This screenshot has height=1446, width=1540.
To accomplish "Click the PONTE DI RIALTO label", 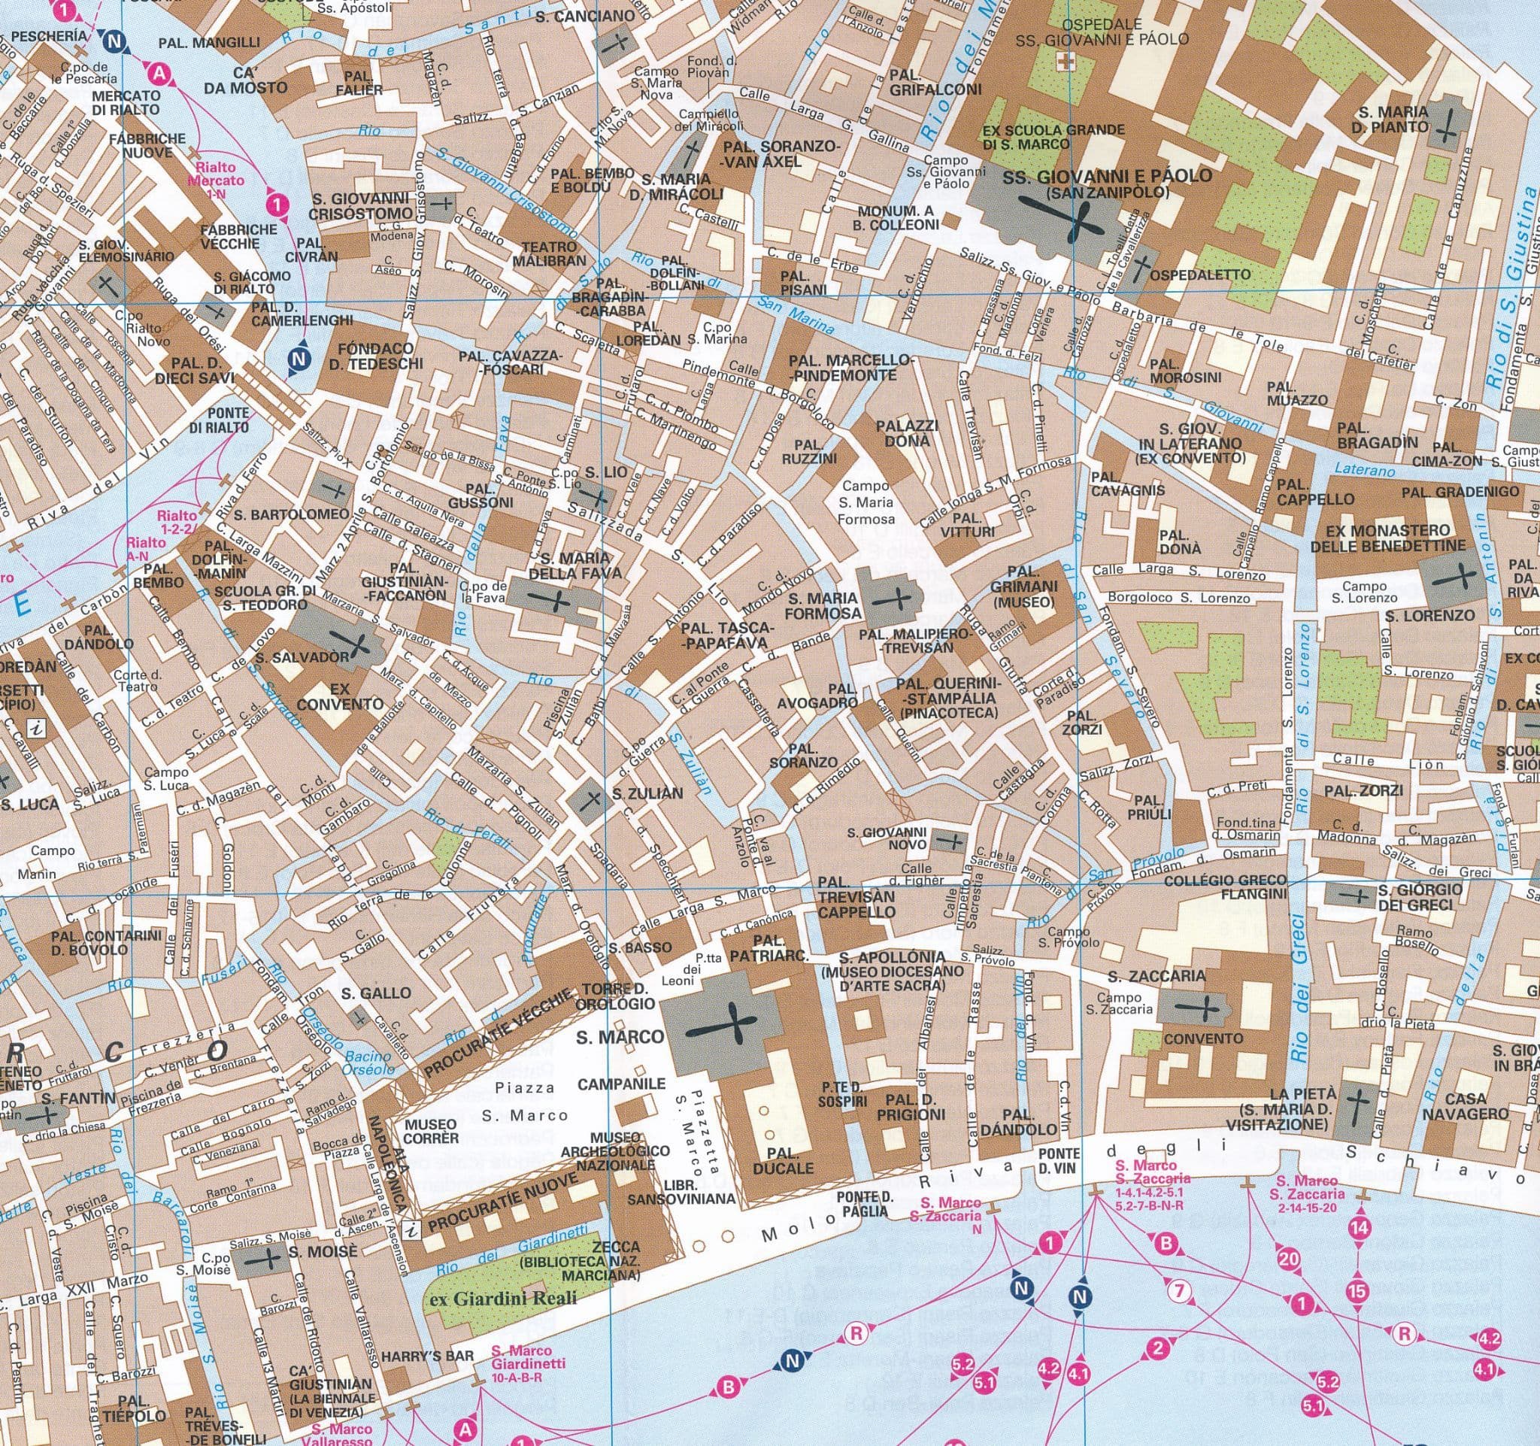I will tap(220, 420).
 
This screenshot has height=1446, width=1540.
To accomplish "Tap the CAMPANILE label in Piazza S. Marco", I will tap(621, 1084).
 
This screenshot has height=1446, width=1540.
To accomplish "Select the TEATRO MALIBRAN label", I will tap(549, 253).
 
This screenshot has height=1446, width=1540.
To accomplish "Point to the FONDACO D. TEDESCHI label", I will tap(376, 356).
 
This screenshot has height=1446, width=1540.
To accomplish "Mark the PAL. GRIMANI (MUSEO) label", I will tap(1023, 594).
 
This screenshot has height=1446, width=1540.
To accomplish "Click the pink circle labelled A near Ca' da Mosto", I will tap(159, 74).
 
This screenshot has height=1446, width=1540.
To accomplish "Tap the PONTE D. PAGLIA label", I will tap(866, 1206).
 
